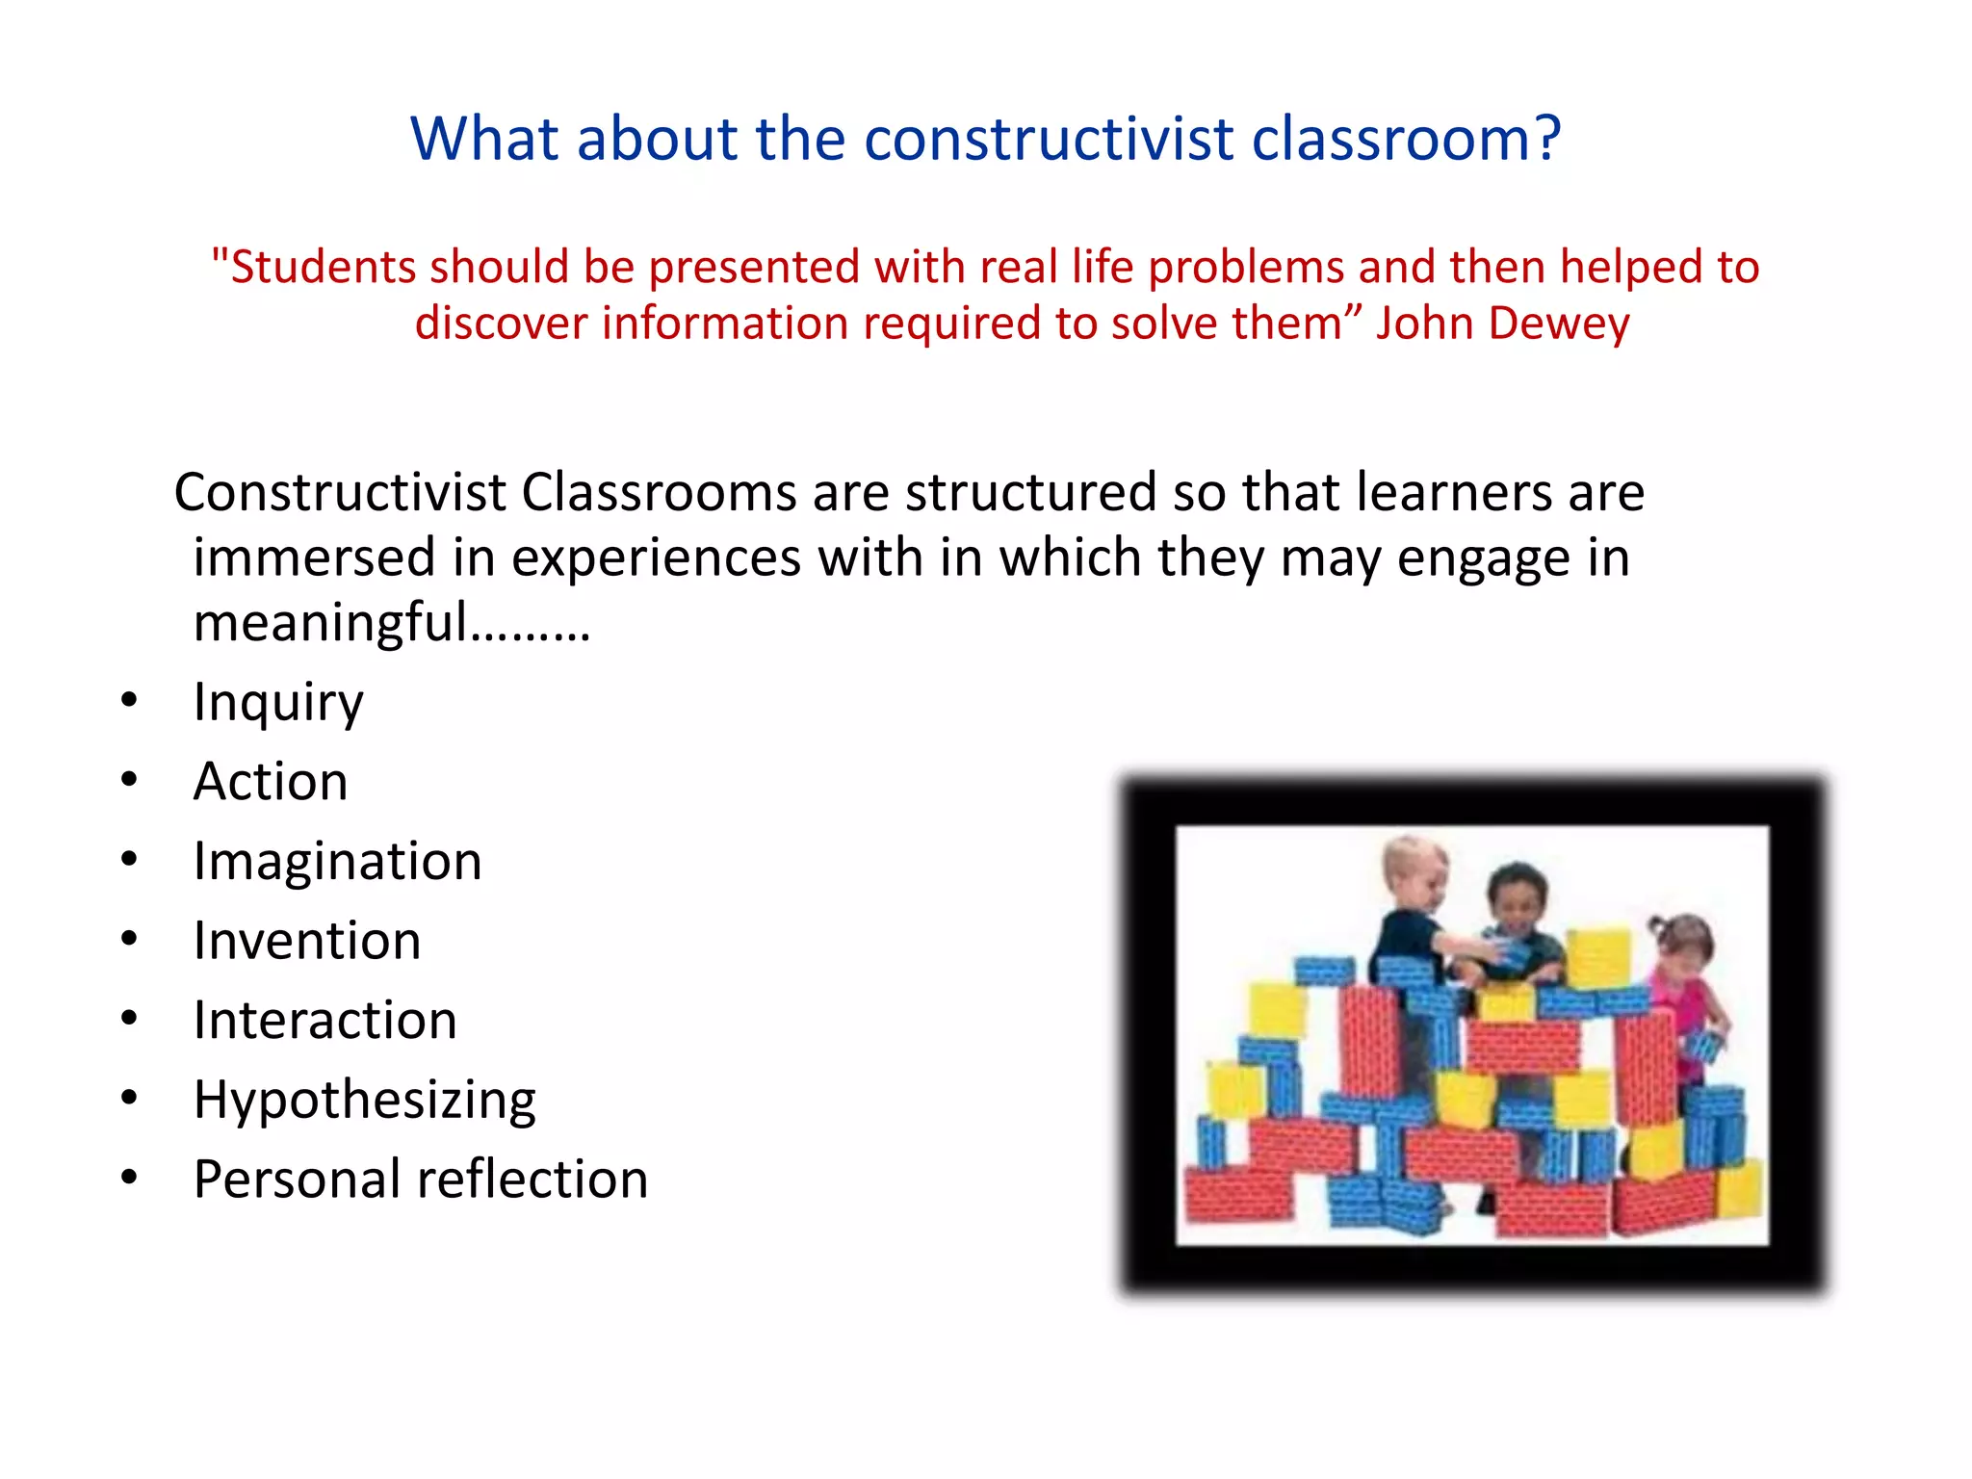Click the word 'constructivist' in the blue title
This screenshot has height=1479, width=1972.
pos(1049,139)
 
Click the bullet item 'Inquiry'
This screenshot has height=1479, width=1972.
pos(278,702)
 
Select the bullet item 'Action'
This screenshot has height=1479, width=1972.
pos(271,781)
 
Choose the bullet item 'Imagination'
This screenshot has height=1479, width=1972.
pos(337,861)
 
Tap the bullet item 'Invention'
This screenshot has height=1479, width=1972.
pos(307,941)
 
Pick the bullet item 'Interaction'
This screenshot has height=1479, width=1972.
pos(324,1021)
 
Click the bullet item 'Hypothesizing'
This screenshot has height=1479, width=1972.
pos(364,1101)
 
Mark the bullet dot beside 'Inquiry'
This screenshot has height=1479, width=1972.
pos(130,700)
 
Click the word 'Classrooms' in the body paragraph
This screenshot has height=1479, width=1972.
pos(659,493)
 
